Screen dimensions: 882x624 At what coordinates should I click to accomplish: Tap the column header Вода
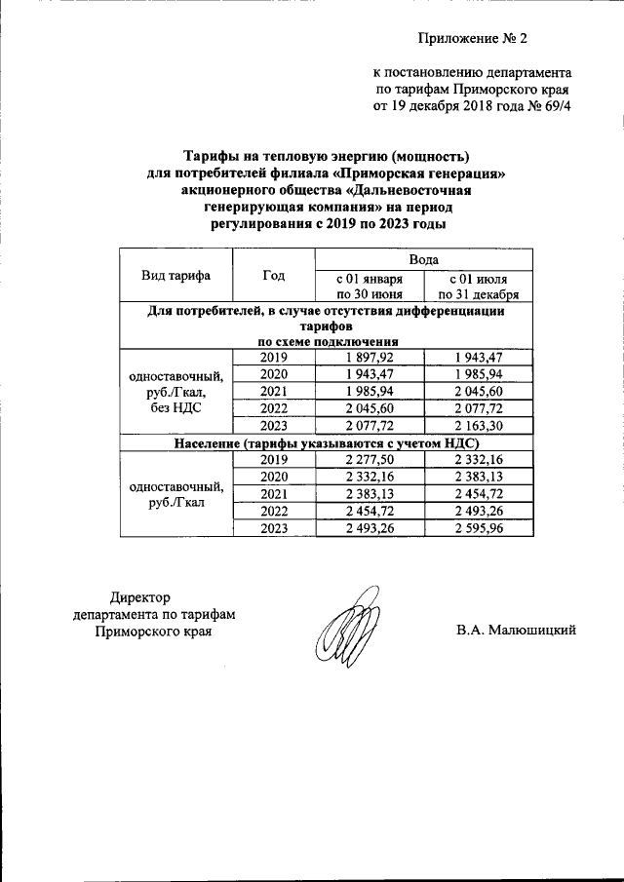point(423,259)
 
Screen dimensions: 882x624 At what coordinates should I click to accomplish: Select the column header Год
point(273,276)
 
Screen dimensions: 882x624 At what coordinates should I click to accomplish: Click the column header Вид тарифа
point(176,276)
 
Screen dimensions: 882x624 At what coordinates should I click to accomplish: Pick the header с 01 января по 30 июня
point(370,286)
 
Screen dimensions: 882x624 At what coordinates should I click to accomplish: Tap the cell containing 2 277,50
point(370,460)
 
